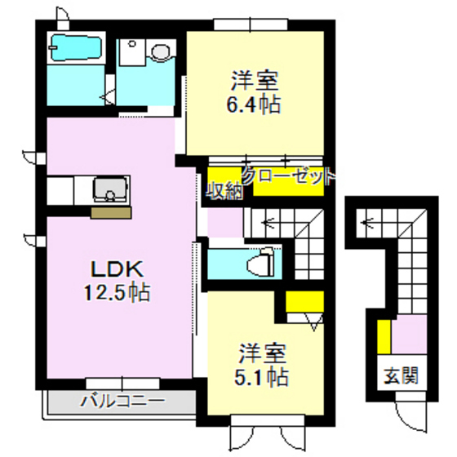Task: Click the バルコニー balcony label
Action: pyautogui.click(x=122, y=402)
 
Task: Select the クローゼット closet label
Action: pyautogui.click(x=287, y=175)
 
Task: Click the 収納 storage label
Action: pyautogui.click(x=222, y=192)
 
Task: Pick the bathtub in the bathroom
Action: pyautogui.click(x=74, y=50)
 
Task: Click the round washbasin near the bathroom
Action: pyautogui.click(x=159, y=53)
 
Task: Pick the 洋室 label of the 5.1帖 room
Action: pyautogui.click(x=262, y=354)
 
